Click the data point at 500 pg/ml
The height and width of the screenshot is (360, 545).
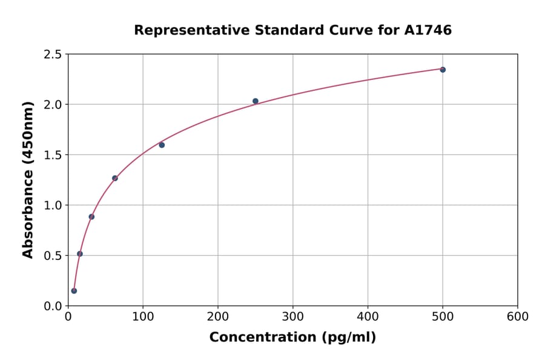443,70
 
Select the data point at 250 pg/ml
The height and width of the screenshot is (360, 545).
256,101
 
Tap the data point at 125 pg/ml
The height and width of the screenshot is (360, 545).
162,145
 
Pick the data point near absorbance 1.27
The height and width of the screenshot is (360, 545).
115,178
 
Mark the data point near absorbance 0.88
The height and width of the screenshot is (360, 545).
91,216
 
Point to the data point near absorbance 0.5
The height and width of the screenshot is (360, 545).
80,254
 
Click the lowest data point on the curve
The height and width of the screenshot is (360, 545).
74,291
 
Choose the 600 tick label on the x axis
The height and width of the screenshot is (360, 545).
518,317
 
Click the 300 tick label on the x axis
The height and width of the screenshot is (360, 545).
293,317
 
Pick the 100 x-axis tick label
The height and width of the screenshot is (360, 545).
143,317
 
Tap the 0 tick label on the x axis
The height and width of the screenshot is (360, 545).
68,317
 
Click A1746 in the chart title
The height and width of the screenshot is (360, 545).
428,30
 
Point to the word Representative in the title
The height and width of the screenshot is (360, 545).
182,30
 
